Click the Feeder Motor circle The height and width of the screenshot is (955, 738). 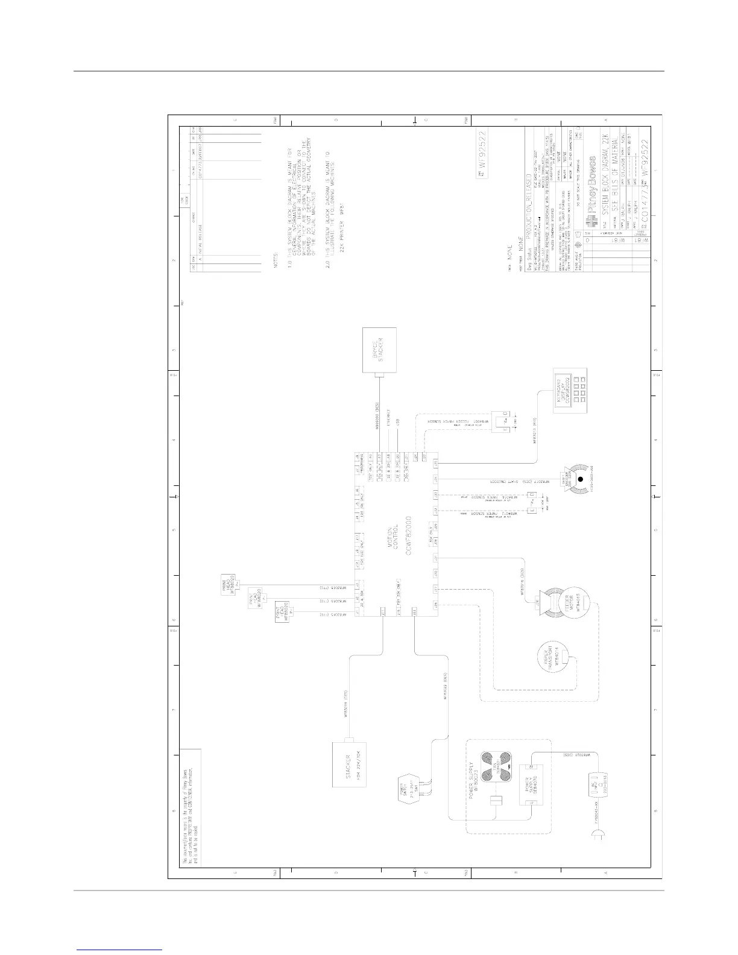569,603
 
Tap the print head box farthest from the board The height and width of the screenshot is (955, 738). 232,585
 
